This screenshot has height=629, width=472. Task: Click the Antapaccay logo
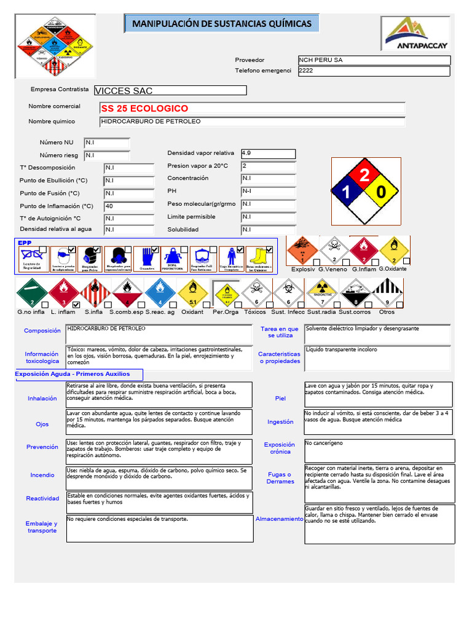[x=416, y=34]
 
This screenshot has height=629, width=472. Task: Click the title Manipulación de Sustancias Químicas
[x=222, y=24]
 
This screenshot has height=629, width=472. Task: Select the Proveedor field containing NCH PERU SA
[x=374, y=60]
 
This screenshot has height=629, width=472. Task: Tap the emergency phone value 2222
[x=374, y=71]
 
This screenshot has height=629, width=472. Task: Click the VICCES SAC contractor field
[x=170, y=91]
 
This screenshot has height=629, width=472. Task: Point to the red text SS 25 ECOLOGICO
[x=145, y=108]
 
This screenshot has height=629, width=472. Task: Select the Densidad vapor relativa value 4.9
[x=268, y=154]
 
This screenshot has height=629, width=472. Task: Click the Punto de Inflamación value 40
[x=128, y=206]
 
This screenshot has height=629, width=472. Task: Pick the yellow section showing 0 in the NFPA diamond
[x=382, y=193]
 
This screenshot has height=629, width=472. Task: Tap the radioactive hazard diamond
[x=321, y=291]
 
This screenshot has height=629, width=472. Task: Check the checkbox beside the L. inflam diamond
[x=76, y=305]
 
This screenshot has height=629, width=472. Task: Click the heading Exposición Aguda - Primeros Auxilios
[x=73, y=374]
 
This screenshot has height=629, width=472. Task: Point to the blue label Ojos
[x=42, y=424]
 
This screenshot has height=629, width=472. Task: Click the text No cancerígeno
[x=324, y=443]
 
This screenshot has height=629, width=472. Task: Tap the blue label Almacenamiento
[x=280, y=519]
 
